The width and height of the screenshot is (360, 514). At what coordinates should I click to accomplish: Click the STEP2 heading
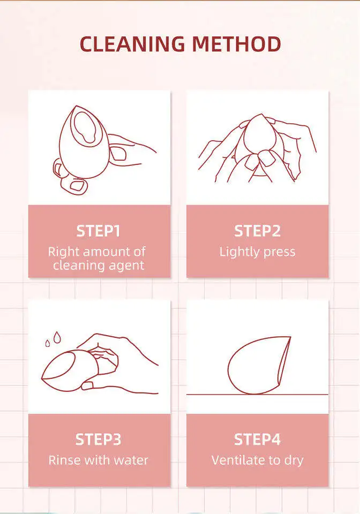[257, 231]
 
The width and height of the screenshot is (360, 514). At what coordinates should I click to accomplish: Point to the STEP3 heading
[98, 440]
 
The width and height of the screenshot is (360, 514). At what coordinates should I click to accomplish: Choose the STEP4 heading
[257, 440]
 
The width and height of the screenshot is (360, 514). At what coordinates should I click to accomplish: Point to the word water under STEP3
[130, 460]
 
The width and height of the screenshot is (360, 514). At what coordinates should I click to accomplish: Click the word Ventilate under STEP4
[237, 460]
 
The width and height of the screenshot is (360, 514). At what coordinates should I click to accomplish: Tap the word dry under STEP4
[292, 460]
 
